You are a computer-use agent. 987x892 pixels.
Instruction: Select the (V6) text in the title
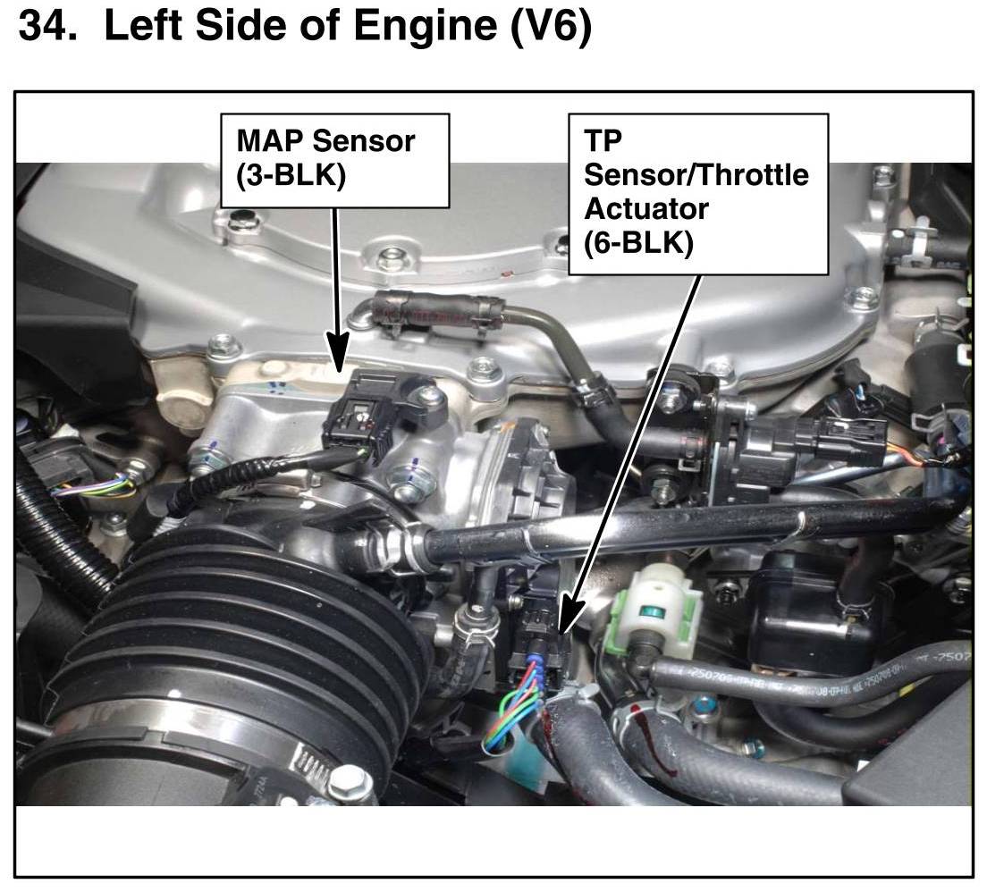tap(551, 28)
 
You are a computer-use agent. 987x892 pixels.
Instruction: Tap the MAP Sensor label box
tap(335, 161)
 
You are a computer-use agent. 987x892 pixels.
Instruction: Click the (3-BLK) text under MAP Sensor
tap(291, 175)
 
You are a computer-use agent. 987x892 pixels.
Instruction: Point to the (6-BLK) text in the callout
tap(638, 243)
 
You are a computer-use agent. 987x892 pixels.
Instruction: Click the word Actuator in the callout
tap(646, 209)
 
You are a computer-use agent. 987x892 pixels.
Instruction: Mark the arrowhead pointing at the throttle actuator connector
tap(571, 615)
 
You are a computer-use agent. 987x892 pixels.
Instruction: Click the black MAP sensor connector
tap(358, 417)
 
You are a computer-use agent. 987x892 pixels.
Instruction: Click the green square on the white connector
tap(649, 610)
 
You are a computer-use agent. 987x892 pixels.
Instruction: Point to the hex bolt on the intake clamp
tap(345, 785)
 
